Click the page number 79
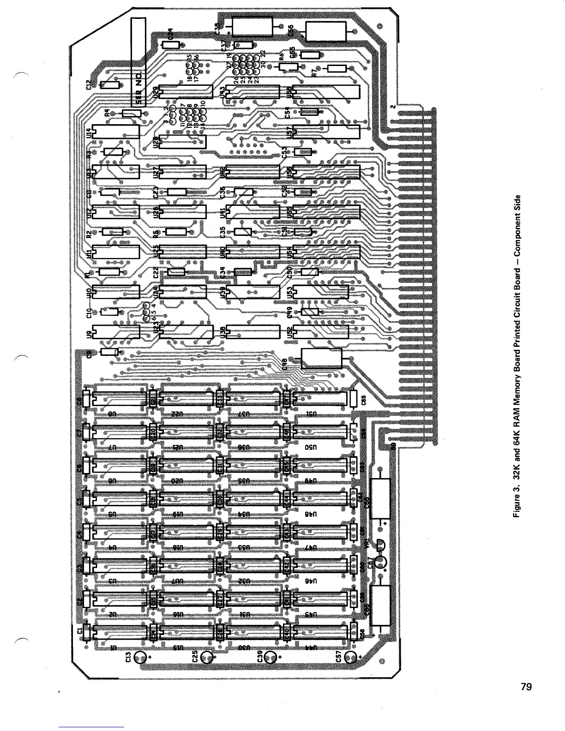[x=526, y=687]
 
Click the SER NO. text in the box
[x=138, y=85]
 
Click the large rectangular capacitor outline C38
[x=253, y=27]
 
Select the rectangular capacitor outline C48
[x=322, y=358]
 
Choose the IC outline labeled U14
[x=116, y=132]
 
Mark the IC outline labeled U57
[x=326, y=132]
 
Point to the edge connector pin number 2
[x=392, y=106]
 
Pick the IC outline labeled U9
[x=116, y=332]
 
